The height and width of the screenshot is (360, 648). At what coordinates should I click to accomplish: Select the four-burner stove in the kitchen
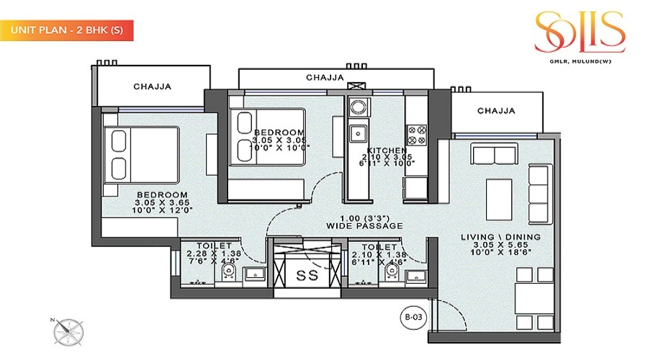pyautogui.click(x=417, y=135)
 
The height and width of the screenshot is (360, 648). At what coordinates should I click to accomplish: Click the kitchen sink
pyautogui.click(x=357, y=133)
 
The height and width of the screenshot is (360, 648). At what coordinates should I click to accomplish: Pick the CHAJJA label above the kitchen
pyautogui.click(x=324, y=77)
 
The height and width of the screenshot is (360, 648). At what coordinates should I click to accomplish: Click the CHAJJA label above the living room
pyautogui.click(x=497, y=111)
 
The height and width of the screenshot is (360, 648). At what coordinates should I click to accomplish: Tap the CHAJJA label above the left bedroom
pyautogui.click(x=152, y=87)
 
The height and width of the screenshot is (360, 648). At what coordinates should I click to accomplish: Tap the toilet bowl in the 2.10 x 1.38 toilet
pyautogui.click(x=392, y=271)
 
